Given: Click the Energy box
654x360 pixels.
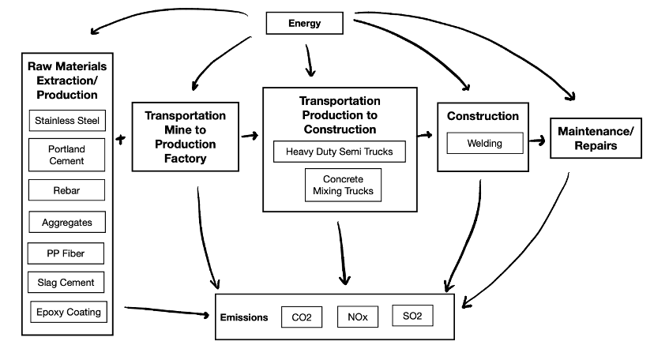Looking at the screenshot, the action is pyautogui.click(x=304, y=23).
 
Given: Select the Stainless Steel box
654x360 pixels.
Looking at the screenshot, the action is pyautogui.click(x=67, y=121).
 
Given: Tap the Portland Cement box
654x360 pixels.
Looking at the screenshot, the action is pyautogui.click(x=66, y=155).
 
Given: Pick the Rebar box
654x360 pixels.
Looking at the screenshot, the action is pyautogui.click(x=66, y=190).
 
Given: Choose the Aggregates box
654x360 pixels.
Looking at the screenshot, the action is pyautogui.click(x=67, y=222).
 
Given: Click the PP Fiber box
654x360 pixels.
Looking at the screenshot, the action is pyautogui.click(x=66, y=253).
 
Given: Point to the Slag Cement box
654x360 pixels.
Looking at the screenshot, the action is pyautogui.click(x=66, y=282).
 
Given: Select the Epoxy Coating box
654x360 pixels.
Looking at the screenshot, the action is pyautogui.click(x=69, y=312).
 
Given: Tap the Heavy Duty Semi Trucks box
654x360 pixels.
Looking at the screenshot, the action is pyautogui.click(x=340, y=152).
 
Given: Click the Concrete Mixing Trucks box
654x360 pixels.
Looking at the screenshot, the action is pyautogui.click(x=344, y=185).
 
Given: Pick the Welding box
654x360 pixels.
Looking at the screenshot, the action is pyautogui.click(x=485, y=143).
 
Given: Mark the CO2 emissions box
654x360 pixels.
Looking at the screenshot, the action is pyautogui.click(x=302, y=317).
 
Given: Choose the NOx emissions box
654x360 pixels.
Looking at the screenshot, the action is pyautogui.click(x=358, y=317).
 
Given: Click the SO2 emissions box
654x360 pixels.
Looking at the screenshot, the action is pyautogui.click(x=412, y=316).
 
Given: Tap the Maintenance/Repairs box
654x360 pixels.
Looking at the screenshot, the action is pyautogui.click(x=596, y=138).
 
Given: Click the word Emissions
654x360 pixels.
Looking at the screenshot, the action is pyautogui.click(x=244, y=317).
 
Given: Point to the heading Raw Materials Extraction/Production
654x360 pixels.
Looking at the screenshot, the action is pyautogui.click(x=67, y=81).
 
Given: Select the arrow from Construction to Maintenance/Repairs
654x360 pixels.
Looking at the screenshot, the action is pyautogui.click(x=537, y=141).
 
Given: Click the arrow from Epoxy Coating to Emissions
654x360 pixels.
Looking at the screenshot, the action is pyautogui.click(x=167, y=311).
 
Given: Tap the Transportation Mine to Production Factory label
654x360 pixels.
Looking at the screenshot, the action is pyautogui.click(x=185, y=137).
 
